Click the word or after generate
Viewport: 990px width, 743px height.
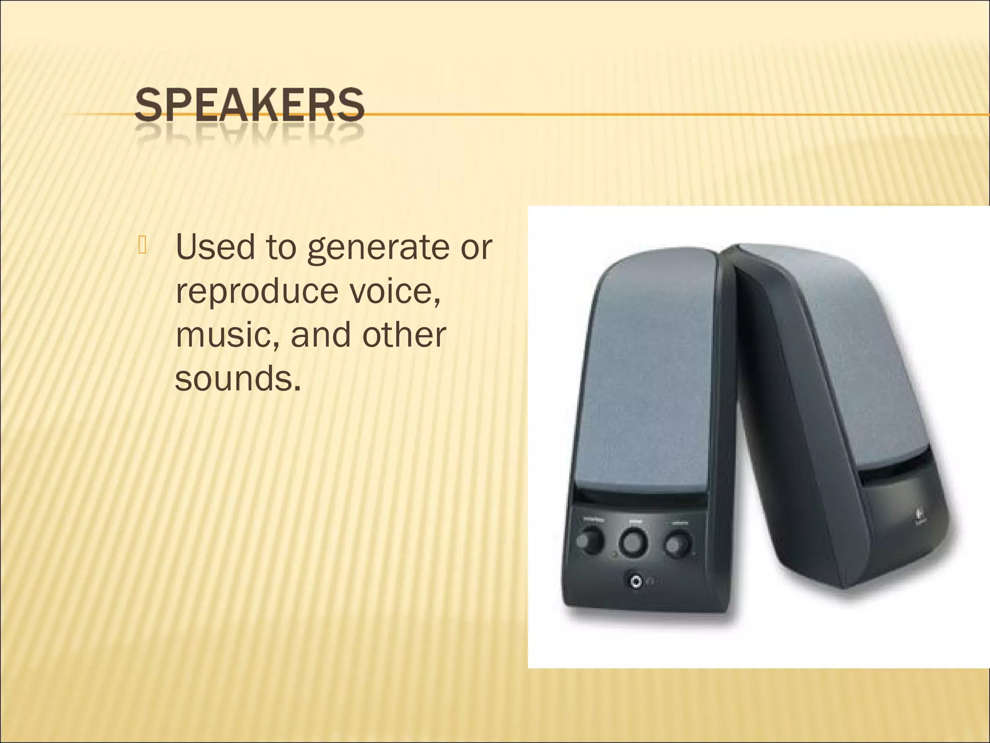476,248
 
